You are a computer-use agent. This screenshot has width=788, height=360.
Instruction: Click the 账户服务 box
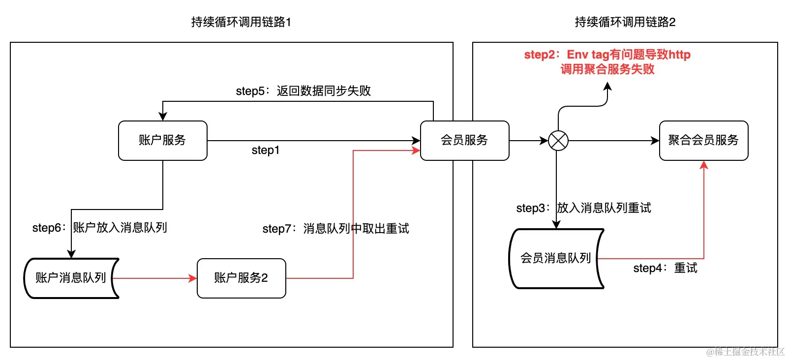pyautogui.click(x=162, y=140)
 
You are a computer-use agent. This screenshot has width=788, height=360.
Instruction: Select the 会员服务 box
pyautogui.click(x=464, y=140)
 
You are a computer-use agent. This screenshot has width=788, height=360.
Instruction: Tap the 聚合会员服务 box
pyautogui.click(x=703, y=140)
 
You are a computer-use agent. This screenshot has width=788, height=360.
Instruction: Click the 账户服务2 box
pyautogui.click(x=241, y=278)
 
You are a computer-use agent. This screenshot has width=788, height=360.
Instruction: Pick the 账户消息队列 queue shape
pyautogui.click(x=71, y=278)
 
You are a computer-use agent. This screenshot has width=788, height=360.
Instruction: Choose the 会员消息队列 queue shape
pyautogui.click(x=555, y=258)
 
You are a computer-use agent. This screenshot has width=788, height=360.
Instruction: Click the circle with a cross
pyautogui.click(x=558, y=141)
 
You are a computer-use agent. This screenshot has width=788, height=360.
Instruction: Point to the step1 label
pyautogui.click(x=266, y=150)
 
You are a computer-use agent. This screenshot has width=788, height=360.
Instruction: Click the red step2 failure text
pyautogui.click(x=607, y=61)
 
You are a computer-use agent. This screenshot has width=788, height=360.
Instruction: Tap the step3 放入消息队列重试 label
pyautogui.click(x=583, y=208)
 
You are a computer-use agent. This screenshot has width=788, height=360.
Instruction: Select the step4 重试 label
pyautogui.click(x=665, y=268)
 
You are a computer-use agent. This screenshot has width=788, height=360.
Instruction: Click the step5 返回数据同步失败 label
pyautogui.click(x=303, y=91)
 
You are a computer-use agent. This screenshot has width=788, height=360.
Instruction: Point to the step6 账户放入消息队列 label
pyautogui.click(x=100, y=228)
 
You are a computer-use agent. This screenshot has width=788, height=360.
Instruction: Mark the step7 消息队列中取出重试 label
pyautogui.click(x=335, y=229)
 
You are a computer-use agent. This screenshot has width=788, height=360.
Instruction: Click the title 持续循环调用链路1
pyautogui.click(x=241, y=22)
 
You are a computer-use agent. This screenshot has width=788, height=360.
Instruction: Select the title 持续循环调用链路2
pyautogui.click(x=625, y=22)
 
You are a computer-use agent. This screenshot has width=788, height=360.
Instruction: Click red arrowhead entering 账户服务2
pyautogui.click(x=193, y=278)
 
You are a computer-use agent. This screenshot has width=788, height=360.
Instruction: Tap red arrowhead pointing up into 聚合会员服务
pyautogui.click(x=704, y=165)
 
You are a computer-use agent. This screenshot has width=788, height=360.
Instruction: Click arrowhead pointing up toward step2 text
pyautogui.click(x=607, y=87)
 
